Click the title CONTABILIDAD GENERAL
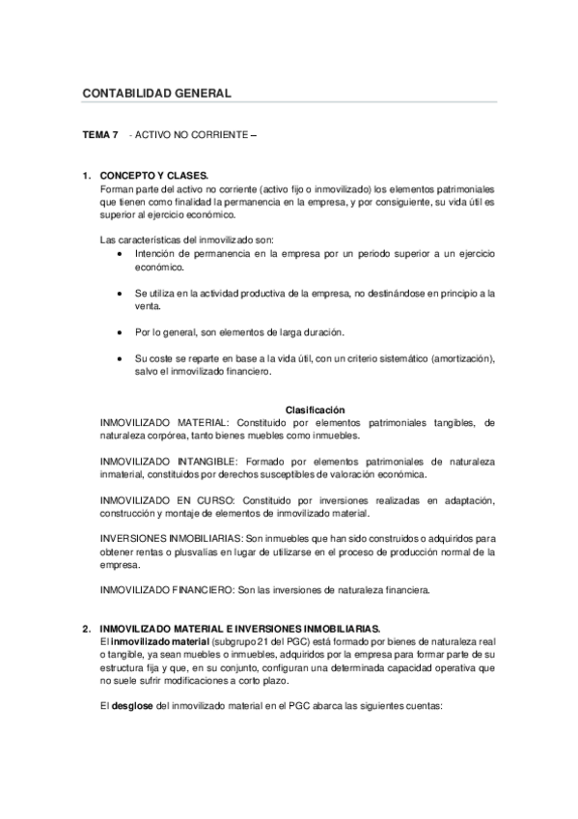(157, 94)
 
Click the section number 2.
(87, 628)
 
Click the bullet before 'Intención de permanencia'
(118, 252)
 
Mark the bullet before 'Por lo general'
(118, 332)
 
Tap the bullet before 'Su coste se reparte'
(118, 359)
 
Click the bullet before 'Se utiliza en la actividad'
(118, 293)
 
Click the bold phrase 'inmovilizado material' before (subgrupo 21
(155, 640)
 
